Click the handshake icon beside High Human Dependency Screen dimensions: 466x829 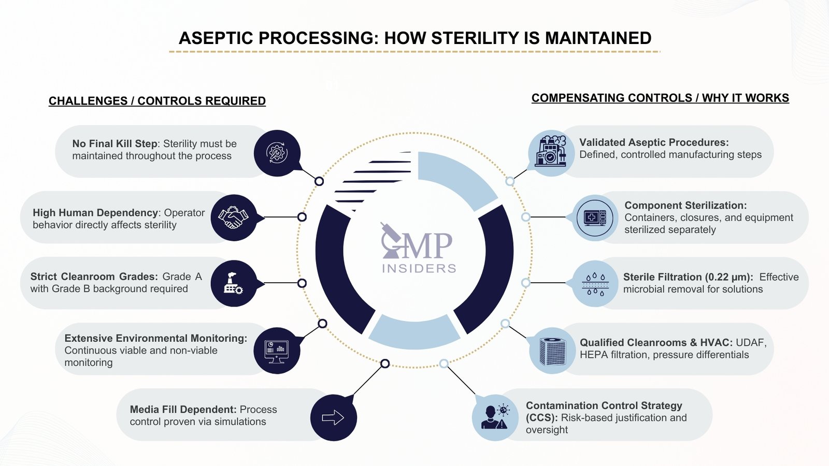coord(233,217)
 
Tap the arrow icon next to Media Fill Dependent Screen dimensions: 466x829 coord(333,417)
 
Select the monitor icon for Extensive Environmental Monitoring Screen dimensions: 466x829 coord(276,351)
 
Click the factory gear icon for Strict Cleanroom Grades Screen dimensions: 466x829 coord(233,283)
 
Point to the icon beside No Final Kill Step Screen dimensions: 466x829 coord(277,153)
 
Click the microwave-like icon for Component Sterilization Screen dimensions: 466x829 coord(595,217)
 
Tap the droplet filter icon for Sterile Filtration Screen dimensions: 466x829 coord(595,284)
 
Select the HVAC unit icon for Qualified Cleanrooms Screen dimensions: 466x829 coord(552,351)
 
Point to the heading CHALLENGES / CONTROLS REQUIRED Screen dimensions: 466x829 coord(157,101)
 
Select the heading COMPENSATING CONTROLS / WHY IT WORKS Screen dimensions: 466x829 coord(660,98)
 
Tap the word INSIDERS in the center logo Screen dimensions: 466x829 coord(419,268)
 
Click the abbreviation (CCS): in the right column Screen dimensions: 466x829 coord(541,418)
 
